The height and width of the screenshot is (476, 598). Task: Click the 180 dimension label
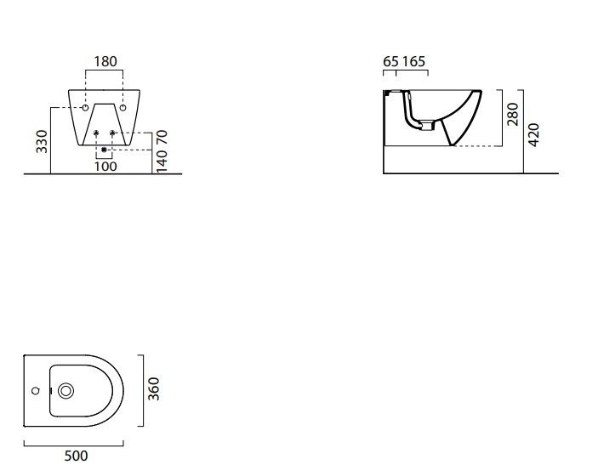click(105, 61)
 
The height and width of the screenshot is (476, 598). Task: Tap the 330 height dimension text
click(42, 141)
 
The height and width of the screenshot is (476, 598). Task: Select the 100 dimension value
click(105, 166)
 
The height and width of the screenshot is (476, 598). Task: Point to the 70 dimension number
click(162, 137)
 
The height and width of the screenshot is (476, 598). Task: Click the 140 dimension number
click(162, 161)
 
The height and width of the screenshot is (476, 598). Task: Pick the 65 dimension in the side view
click(391, 61)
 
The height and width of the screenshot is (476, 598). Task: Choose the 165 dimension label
click(413, 61)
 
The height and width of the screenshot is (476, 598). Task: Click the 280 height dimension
click(513, 114)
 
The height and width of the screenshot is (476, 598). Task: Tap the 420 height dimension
click(534, 134)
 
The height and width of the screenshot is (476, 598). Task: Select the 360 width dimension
click(154, 388)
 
